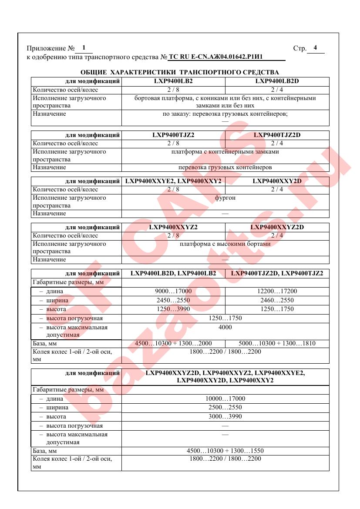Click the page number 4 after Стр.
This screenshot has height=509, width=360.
(x=315, y=48)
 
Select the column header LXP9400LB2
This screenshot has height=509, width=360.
(x=173, y=81)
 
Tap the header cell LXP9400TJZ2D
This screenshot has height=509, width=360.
(x=277, y=135)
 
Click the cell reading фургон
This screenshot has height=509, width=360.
(x=225, y=198)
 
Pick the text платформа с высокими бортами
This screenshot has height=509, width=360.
(x=225, y=244)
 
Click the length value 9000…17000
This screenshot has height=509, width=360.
(x=173, y=291)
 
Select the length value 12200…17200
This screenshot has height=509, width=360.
(x=277, y=291)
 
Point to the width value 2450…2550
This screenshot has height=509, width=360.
(x=173, y=300)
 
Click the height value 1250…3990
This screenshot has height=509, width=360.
(x=173, y=309)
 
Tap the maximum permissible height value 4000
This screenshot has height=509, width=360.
(x=225, y=327)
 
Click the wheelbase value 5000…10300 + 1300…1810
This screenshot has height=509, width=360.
(x=277, y=344)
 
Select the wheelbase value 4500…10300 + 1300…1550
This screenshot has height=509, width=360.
(x=225, y=451)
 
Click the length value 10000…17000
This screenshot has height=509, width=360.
(x=225, y=399)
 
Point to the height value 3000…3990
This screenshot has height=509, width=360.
(x=225, y=417)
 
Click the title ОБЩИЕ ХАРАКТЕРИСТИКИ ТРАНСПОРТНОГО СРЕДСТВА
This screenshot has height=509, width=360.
(x=180, y=72)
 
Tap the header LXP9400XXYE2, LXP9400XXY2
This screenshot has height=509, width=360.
(x=173, y=181)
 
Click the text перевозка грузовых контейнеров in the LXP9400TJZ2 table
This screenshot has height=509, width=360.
(x=225, y=167)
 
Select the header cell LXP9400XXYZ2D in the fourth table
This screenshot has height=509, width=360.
(x=277, y=227)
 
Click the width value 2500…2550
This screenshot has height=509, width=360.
(x=225, y=408)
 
